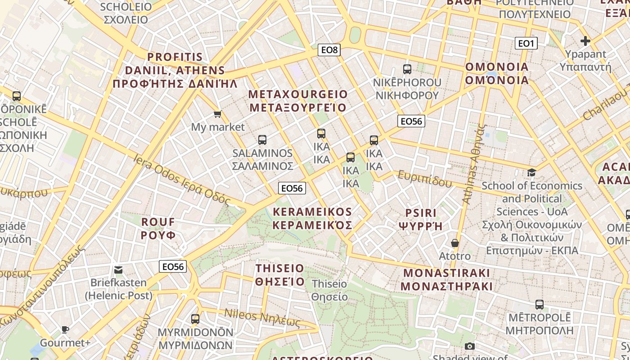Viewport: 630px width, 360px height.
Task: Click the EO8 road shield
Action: point(329,50)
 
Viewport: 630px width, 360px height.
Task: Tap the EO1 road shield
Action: point(526,43)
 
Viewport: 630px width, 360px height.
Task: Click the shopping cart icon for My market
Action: point(218,114)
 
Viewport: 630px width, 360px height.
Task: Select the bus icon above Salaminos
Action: point(262,140)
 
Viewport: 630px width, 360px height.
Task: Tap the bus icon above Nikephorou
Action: point(407,69)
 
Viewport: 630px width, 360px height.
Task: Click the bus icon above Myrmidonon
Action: point(195,319)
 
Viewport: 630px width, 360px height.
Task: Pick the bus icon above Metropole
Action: point(540,305)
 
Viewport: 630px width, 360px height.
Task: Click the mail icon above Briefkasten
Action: point(118,270)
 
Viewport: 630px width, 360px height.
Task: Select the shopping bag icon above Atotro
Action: point(455,243)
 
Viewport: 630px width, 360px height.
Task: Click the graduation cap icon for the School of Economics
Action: point(531,172)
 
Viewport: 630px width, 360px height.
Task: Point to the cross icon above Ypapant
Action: point(585,41)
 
